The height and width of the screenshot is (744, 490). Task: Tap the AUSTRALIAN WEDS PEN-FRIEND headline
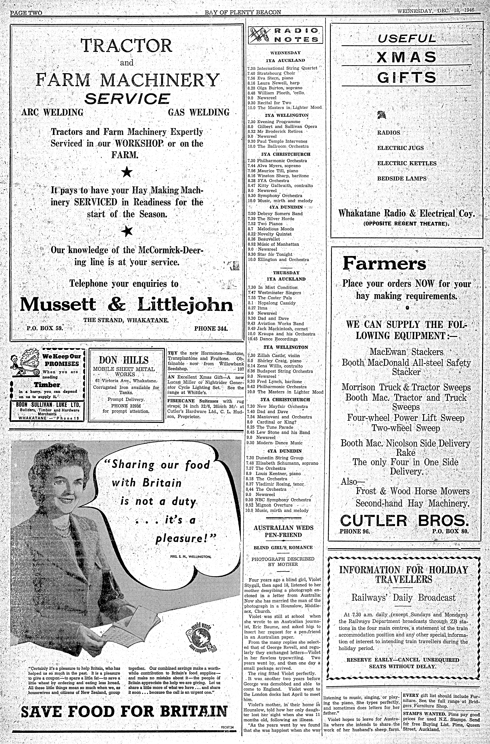(283, 531)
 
